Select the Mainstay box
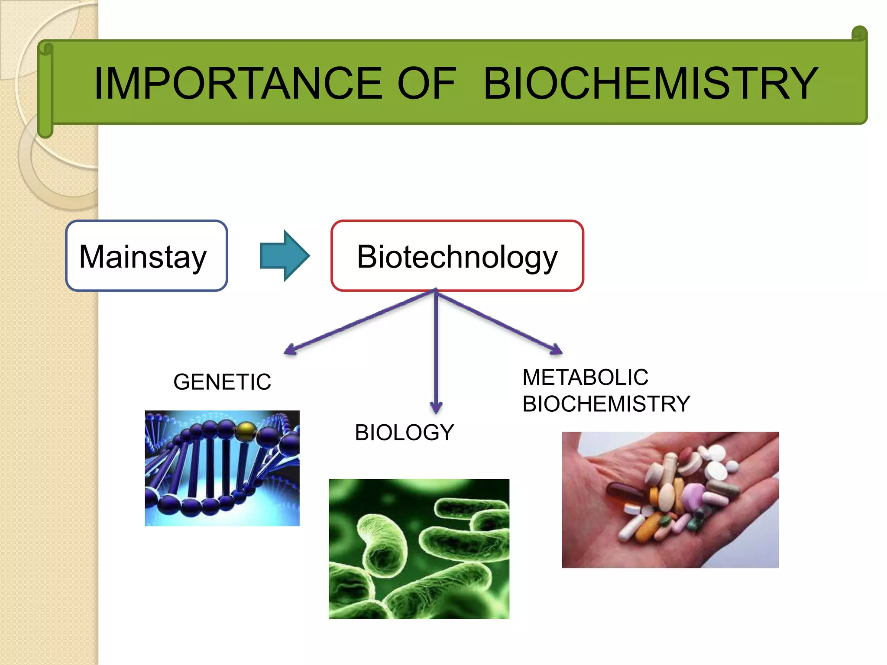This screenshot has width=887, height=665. click(146, 256)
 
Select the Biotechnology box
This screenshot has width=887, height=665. click(457, 256)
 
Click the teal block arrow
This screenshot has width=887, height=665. click(285, 255)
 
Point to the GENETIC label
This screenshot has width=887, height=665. click(222, 382)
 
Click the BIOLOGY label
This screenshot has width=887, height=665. click(404, 433)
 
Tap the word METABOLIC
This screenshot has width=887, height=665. click(585, 377)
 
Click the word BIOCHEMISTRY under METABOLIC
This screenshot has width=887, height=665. click(606, 404)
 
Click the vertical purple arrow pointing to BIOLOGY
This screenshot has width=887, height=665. click(436, 351)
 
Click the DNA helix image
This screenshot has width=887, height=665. click(222, 468)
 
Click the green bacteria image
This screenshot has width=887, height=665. click(419, 549)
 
